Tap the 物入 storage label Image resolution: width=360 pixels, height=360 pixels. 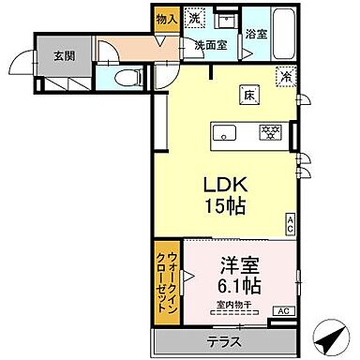click(166, 19)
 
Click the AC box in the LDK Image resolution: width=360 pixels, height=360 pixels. click(291, 222)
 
